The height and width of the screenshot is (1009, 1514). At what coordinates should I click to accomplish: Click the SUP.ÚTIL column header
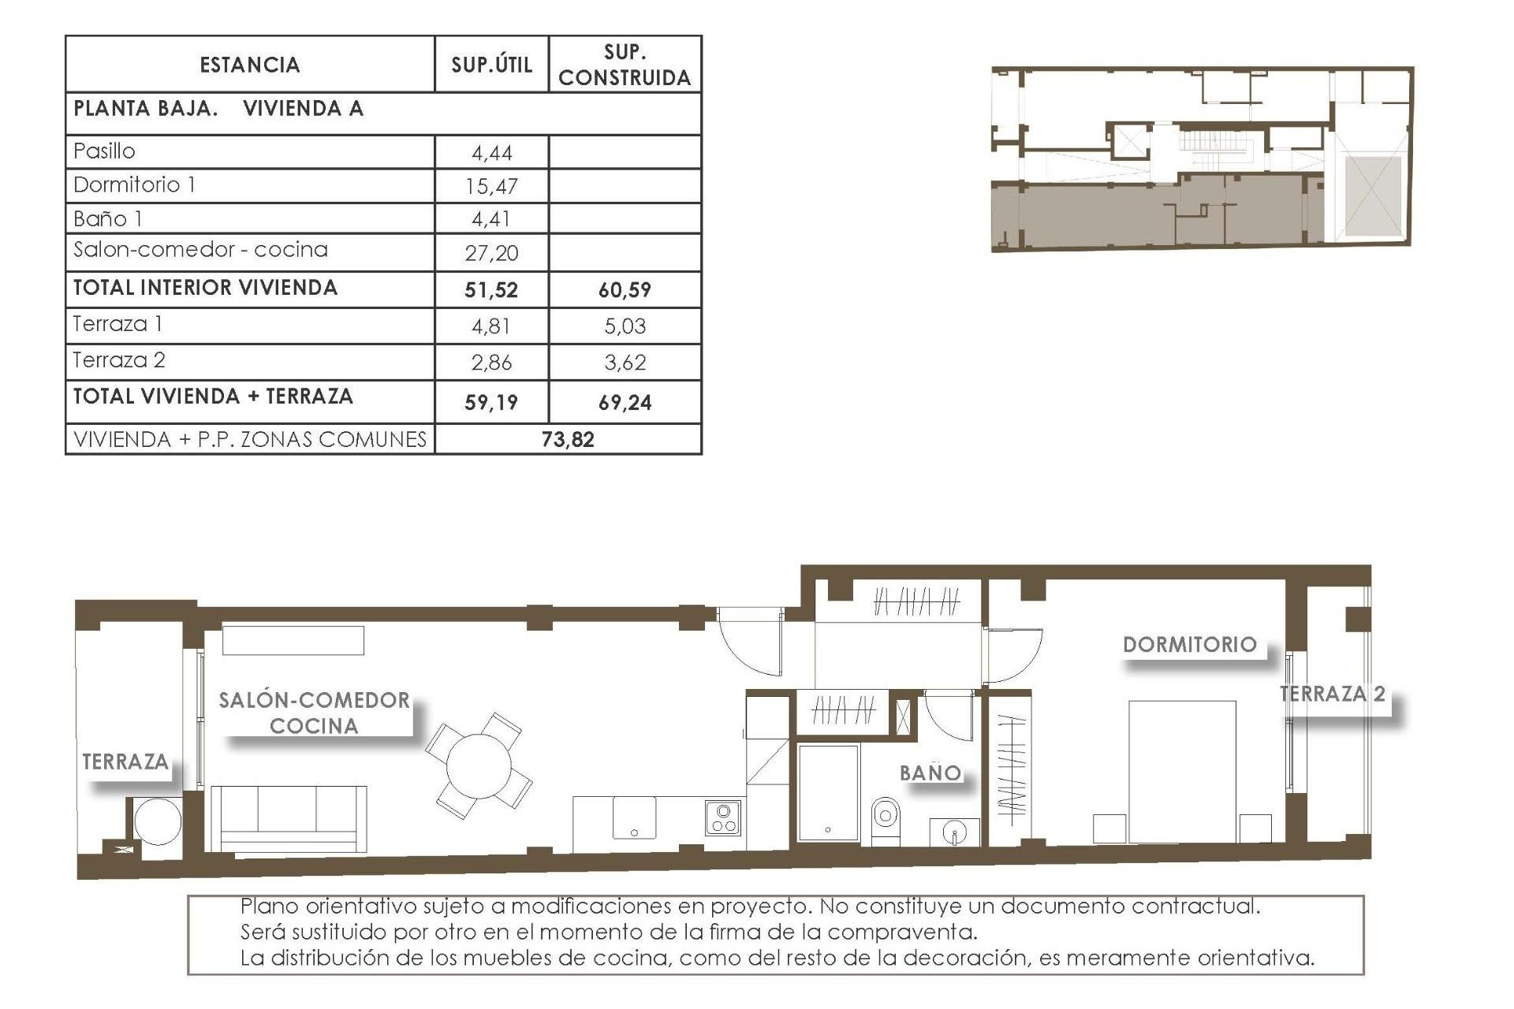491,65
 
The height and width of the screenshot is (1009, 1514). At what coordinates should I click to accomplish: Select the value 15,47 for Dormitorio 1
492,187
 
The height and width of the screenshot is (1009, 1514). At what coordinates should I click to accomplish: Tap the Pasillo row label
104,151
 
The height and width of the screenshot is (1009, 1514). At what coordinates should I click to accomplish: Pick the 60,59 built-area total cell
625,290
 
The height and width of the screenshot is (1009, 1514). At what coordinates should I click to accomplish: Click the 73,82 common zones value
568,440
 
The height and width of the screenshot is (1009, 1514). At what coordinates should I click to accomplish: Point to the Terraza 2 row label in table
119,360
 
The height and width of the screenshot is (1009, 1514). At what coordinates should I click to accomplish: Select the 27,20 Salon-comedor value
492,253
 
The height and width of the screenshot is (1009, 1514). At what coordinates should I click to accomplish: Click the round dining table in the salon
478,765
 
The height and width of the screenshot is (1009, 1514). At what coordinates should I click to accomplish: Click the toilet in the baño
886,819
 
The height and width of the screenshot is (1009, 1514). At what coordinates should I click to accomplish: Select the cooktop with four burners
722,818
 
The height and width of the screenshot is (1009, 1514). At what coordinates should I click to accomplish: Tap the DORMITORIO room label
1189,645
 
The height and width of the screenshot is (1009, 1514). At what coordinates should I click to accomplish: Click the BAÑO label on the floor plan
930,773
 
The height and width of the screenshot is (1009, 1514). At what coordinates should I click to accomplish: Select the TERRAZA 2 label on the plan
1332,694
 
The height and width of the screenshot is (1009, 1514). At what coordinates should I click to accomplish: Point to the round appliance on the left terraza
158,821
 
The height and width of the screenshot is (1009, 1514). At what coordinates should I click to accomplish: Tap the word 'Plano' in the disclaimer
269,907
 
